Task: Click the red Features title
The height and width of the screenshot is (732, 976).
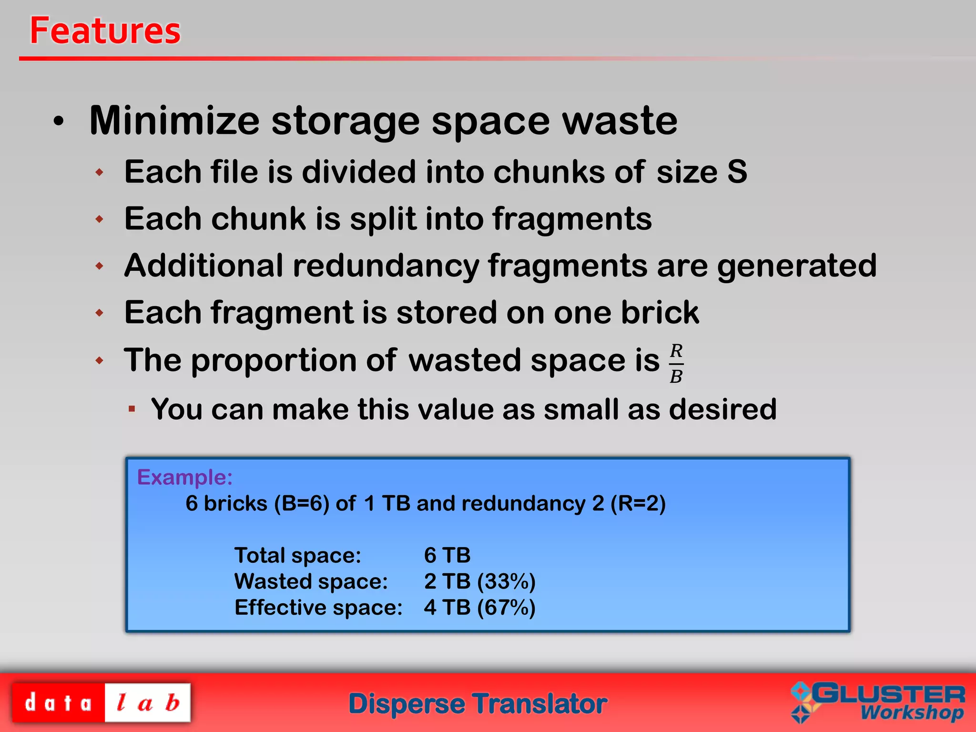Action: pyautogui.click(x=105, y=31)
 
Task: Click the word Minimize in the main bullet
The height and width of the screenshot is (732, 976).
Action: pyautogui.click(x=174, y=121)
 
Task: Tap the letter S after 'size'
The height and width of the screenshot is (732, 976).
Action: pyautogui.click(x=737, y=172)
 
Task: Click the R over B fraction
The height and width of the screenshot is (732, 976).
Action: pyautogui.click(x=676, y=364)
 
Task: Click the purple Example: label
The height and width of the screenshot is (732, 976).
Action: pyautogui.click(x=185, y=477)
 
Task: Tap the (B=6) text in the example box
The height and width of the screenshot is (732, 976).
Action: pyautogui.click(x=302, y=503)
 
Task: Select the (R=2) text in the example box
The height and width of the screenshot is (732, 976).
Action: pyautogui.click(x=638, y=503)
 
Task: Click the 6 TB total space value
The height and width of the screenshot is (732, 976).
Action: pyautogui.click(x=447, y=555)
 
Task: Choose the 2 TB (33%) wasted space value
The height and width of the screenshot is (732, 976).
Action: pyautogui.click(x=479, y=581)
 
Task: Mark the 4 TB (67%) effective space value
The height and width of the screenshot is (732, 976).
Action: pyautogui.click(x=479, y=608)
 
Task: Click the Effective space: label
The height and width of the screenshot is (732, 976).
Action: pyautogui.click(x=318, y=608)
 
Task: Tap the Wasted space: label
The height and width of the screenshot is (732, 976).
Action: pyautogui.click(x=311, y=581)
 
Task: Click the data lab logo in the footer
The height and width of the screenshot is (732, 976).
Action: pyautogui.click(x=101, y=703)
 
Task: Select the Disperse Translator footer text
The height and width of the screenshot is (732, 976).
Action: pyautogui.click(x=478, y=704)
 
